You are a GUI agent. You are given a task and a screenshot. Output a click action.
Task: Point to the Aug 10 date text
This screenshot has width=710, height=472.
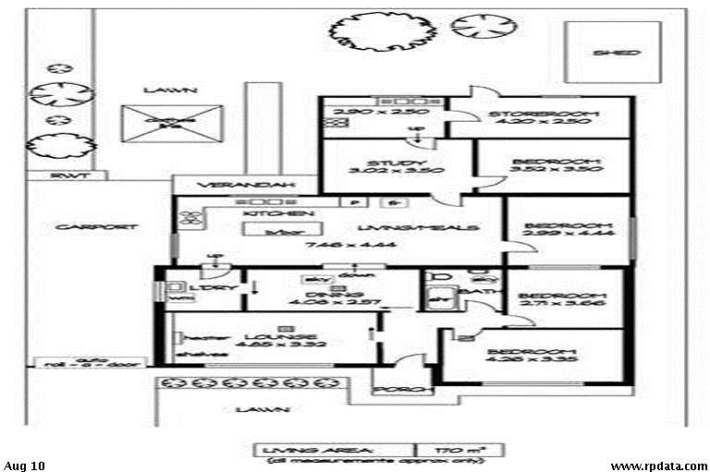(x=24, y=465)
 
